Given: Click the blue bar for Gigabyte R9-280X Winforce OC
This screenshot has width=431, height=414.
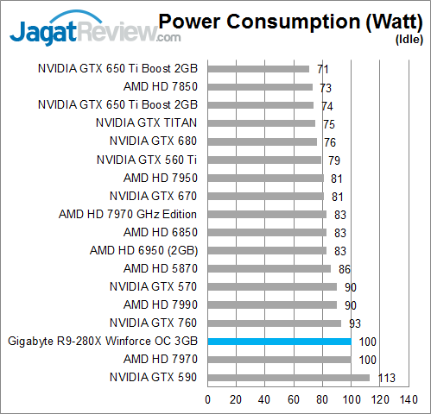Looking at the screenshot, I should point(279,342).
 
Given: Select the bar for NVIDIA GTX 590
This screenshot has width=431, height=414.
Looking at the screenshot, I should point(288,378).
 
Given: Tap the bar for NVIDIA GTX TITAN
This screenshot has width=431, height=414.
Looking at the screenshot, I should point(262,123).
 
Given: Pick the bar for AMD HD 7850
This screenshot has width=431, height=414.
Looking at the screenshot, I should point(260,86).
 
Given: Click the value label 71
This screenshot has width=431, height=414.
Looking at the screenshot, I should point(323,68).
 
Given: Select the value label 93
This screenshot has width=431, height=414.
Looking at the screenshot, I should point(355,323).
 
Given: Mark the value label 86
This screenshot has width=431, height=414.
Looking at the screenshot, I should point(345,268).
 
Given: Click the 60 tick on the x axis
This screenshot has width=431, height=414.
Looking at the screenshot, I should point(294,399).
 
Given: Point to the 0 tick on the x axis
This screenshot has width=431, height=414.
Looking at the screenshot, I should point(208,399).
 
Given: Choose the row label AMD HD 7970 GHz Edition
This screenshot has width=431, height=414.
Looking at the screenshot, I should point(128,214).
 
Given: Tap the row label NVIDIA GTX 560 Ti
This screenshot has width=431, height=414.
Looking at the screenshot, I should point(147,160).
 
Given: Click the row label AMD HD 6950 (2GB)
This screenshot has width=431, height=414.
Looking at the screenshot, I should point(143,250).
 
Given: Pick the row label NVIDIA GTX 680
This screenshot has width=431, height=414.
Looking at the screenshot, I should point(154,141).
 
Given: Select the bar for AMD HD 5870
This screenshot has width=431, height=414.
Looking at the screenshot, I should point(269,268).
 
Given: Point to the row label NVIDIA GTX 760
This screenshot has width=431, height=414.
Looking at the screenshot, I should point(154,323).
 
